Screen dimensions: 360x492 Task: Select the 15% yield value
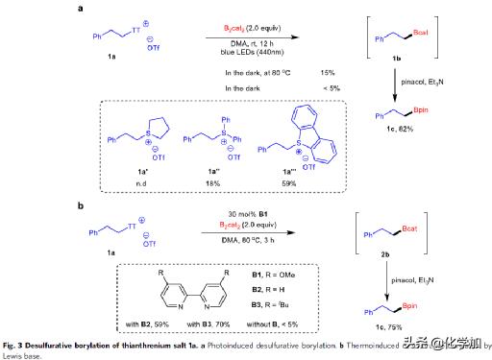click(x=327, y=73)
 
